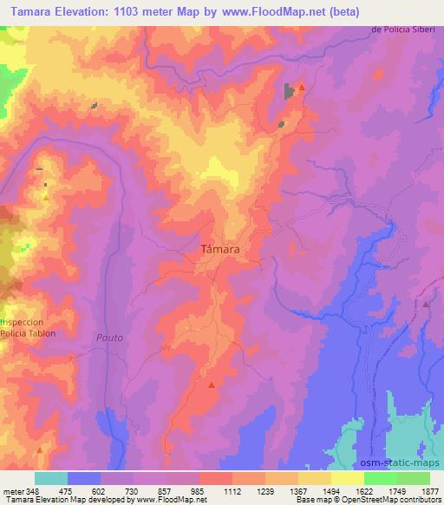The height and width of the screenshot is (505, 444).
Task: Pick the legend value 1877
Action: click(x=429, y=490)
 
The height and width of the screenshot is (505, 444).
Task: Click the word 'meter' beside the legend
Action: click(x=12, y=490)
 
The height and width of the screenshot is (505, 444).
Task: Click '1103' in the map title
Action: click(x=133, y=10)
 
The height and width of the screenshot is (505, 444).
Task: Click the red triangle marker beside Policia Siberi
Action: click(x=302, y=88)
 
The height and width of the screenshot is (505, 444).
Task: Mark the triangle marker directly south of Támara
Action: click(x=212, y=383)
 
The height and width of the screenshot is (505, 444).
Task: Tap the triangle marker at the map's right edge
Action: click(x=426, y=305)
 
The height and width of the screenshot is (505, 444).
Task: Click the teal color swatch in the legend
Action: click(x=51, y=478)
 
